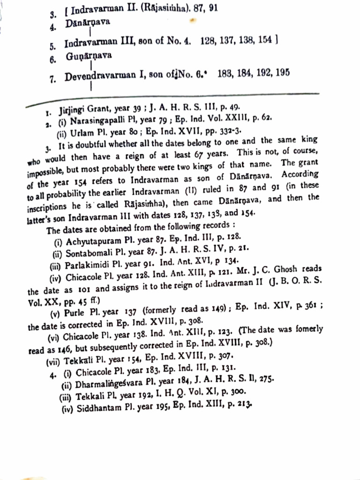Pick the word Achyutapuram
point(90,243)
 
